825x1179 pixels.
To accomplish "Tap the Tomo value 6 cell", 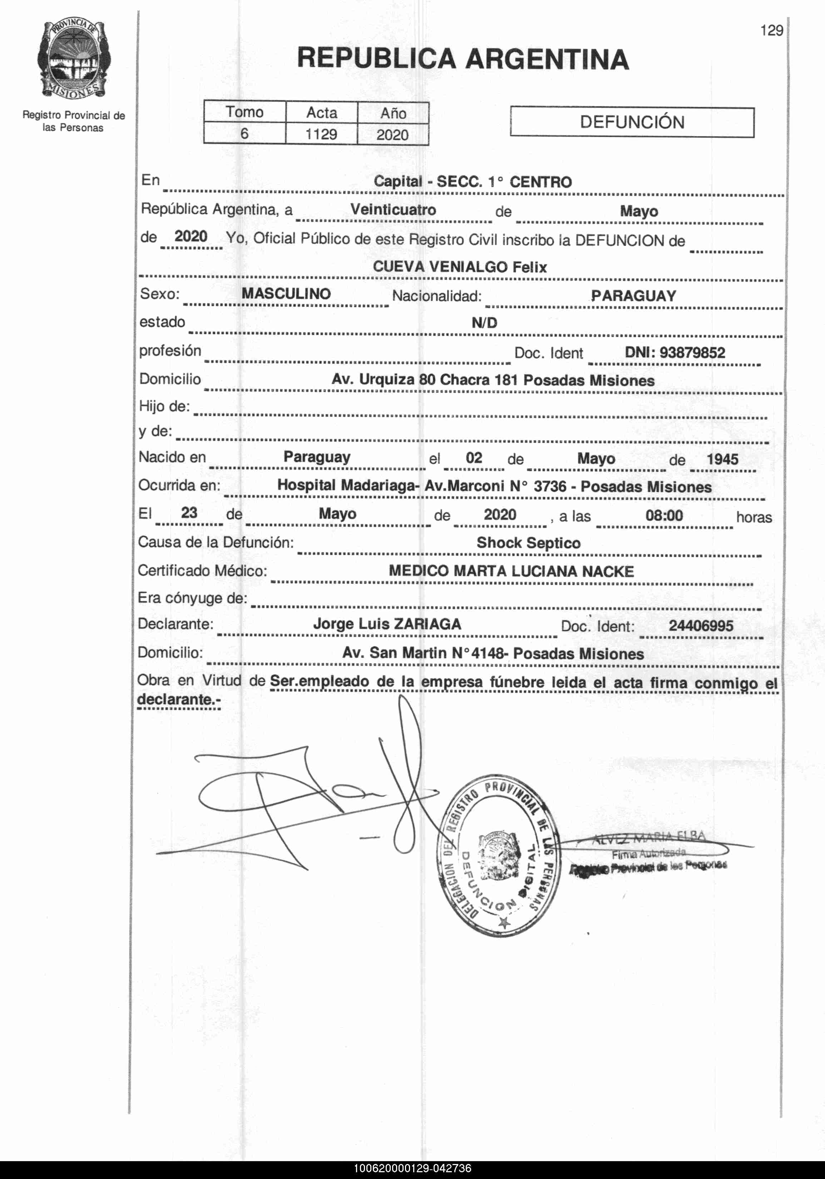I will (x=244, y=134).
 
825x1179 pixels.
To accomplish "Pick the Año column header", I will (x=393, y=113).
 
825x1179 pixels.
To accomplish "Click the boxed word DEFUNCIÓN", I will (x=632, y=122).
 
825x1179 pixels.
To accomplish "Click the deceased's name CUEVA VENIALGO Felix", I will (x=460, y=267).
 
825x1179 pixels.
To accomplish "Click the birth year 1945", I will (x=722, y=459).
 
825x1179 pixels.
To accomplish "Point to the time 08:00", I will (x=664, y=515).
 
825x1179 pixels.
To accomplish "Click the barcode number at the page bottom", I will (x=412, y=1168).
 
